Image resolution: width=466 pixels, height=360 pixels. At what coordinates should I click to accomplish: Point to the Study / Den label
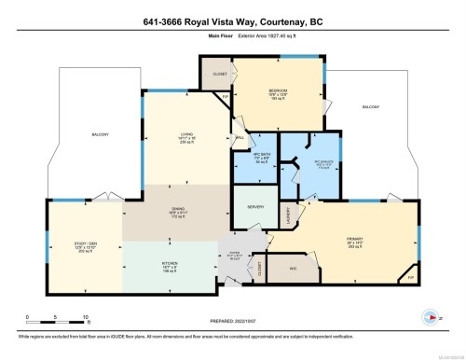[86, 248]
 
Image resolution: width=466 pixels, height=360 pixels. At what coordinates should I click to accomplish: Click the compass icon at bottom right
[431, 315]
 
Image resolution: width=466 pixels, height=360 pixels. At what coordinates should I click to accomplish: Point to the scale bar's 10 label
[85, 319]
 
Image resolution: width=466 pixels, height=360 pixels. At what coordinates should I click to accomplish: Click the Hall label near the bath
[240, 138]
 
